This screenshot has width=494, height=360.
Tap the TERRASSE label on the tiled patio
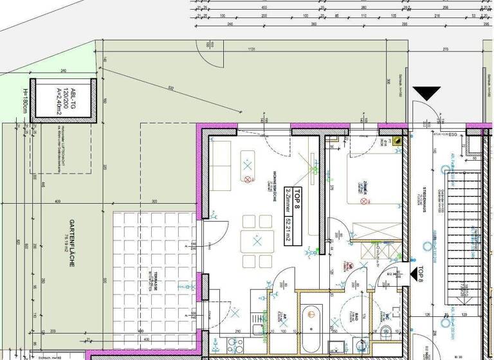point(155,281)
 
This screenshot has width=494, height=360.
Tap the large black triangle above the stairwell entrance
point(426,94)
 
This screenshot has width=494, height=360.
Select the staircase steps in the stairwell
point(463,225)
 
